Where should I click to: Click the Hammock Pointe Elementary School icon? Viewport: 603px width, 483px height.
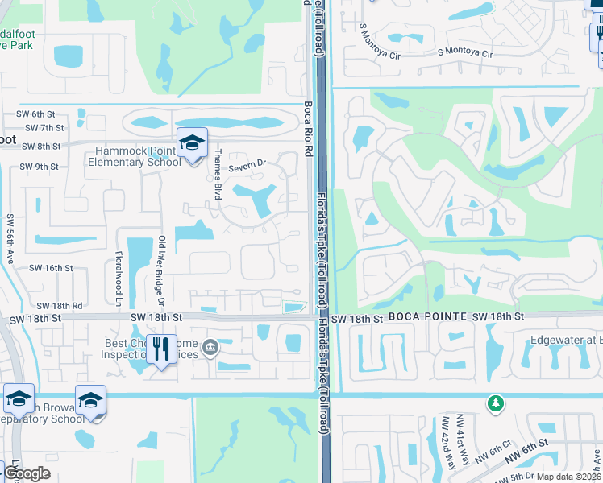[193, 144]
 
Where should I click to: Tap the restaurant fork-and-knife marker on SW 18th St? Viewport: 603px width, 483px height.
[162, 349]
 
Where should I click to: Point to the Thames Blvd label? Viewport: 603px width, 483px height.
[218, 177]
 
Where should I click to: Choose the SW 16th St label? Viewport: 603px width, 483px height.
[51, 268]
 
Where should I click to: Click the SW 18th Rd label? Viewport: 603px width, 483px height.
[60, 306]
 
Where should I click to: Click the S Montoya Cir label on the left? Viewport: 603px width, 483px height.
[381, 39]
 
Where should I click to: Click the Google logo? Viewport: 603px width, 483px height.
[27, 473]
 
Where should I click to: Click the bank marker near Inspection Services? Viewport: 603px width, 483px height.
[210, 348]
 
